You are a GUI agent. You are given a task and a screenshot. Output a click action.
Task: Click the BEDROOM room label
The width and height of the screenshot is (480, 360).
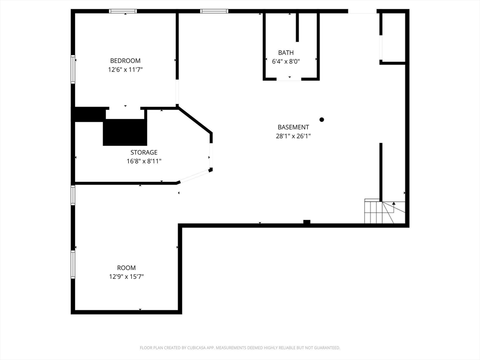[125, 60]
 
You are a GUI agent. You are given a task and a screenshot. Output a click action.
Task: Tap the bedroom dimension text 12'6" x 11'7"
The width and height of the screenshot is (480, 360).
[125, 69]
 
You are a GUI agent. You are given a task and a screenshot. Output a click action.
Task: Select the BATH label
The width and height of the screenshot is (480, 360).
[286, 52]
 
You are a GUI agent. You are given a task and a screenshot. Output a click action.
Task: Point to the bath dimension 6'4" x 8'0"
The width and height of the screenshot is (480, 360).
[286, 61]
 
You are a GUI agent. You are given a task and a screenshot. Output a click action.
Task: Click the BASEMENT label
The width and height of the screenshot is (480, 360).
[293, 127]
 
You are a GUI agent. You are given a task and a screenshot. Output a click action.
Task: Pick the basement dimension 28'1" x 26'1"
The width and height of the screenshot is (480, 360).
[293, 136]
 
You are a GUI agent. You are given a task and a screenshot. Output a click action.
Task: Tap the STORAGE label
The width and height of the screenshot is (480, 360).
[144, 152]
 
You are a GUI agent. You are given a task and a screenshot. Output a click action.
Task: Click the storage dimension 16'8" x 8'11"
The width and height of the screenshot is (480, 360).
[144, 161]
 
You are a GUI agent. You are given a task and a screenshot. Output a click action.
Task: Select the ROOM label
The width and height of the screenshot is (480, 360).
[126, 268]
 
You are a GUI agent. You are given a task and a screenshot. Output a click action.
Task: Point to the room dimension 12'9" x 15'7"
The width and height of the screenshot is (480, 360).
[126, 277]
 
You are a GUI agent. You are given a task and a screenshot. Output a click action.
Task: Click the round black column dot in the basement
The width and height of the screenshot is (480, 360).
[322, 120]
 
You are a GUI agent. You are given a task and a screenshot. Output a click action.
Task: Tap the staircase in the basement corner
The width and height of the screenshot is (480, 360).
[384, 211]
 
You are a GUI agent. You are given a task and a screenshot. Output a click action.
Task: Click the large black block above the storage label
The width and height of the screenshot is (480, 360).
[125, 132]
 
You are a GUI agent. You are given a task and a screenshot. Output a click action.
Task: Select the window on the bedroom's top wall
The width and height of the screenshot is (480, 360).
[123, 11]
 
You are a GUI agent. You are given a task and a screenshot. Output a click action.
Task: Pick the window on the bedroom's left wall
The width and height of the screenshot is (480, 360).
[73, 69]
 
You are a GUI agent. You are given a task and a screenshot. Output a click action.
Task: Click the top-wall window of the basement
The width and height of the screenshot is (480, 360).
[214, 11]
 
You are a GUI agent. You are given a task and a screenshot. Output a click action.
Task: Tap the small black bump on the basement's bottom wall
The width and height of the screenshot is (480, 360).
[307, 222]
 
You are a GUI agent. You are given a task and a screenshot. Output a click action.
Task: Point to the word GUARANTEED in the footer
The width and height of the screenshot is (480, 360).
[328, 348]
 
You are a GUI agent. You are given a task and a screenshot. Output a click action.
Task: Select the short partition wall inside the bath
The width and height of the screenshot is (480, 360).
[297, 28]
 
